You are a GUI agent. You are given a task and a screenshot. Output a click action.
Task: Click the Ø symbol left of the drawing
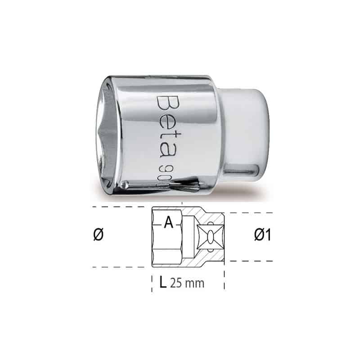tap(100, 235)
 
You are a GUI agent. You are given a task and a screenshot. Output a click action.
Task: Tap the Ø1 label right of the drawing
tap(261, 235)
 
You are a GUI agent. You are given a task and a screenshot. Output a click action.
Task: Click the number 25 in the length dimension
tap(176, 283)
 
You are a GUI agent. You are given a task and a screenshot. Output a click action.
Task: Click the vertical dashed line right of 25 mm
tap(224, 279)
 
